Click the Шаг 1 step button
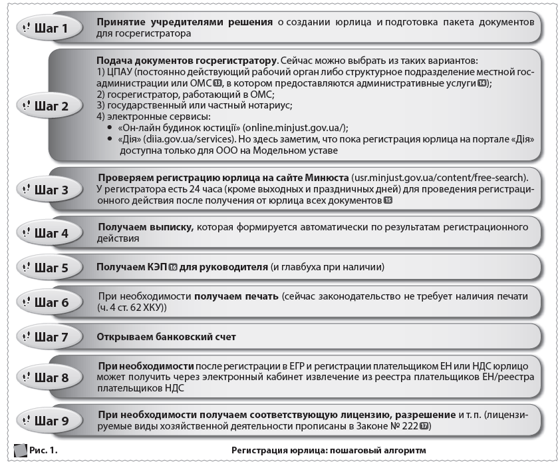coord(51,27)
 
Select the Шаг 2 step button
coord(51,105)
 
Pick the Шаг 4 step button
coord(51,233)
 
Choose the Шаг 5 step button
coord(51,268)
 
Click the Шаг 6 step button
coord(51,302)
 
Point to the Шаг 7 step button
coord(51,336)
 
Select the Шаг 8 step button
coord(51,377)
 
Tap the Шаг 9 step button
coord(51,420)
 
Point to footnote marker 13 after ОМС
coord(217,83)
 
